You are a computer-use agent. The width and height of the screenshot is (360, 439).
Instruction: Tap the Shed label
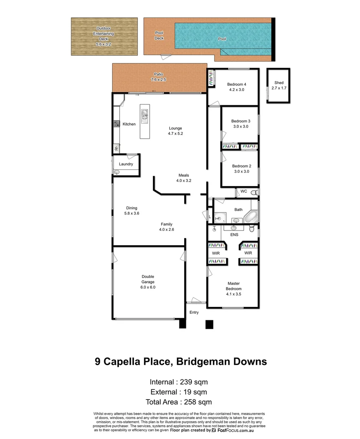(x=279, y=83)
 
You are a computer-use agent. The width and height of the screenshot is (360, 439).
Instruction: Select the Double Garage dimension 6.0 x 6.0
(x=148, y=287)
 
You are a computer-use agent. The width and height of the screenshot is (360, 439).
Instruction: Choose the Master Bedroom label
(x=233, y=286)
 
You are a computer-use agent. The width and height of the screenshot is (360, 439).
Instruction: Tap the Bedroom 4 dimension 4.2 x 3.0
(x=236, y=90)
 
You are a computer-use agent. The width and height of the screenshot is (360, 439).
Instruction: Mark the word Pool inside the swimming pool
(x=222, y=39)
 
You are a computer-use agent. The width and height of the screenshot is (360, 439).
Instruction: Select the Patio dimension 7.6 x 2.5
(x=158, y=80)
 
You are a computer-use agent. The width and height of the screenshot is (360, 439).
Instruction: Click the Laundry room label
(x=126, y=164)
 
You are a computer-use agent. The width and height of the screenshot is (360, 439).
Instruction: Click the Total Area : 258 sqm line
(x=179, y=402)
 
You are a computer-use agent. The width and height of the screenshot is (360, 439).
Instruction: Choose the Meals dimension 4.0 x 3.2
(x=183, y=180)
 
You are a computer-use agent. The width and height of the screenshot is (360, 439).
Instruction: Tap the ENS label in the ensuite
(x=234, y=235)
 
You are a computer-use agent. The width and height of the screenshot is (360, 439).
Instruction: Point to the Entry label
(x=194, y=312)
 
